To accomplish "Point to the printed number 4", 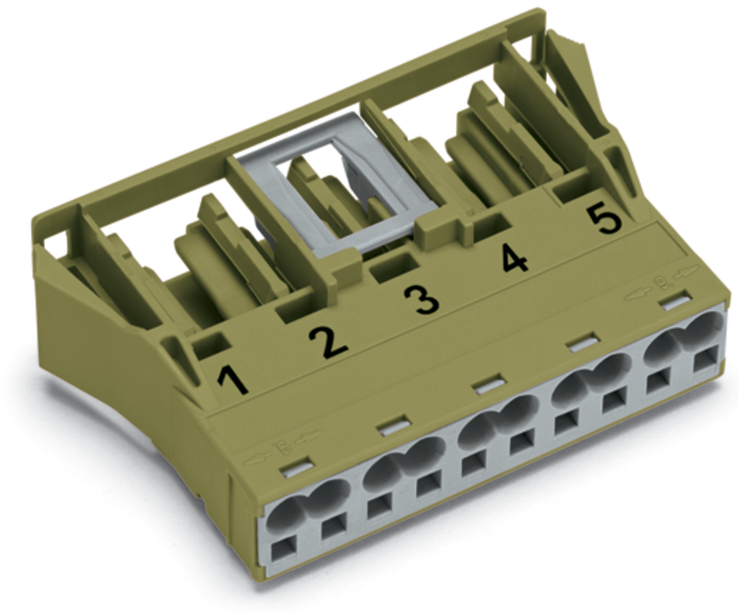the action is tap(516, 258).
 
